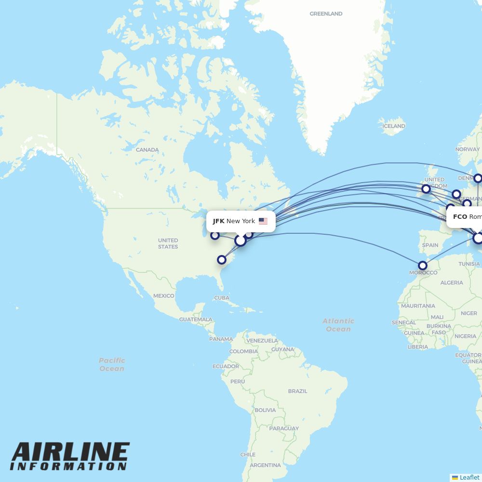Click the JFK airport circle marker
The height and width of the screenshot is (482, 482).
click(240, 240)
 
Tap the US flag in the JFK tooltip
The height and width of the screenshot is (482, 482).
click(263, 221)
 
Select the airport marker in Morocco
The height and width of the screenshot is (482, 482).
click(423, 266)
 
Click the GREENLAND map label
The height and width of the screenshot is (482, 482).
click(326, 14)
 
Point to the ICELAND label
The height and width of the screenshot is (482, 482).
click(394, 126)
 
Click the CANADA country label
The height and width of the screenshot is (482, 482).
click(147, 150)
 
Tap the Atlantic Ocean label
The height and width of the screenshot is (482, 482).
click(338, 325)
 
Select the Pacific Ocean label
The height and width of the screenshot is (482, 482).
click(112, 364)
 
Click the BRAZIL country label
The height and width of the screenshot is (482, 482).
click(297, 391)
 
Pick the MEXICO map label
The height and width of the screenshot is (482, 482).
click(163, 296)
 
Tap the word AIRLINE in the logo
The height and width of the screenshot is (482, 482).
click(70, 452)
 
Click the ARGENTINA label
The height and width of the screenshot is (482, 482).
click(265, 465)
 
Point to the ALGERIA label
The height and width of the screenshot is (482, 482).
click(452, 283)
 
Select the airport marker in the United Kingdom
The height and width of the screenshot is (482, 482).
click(426, 188)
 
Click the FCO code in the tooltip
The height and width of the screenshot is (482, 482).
click(460, 217)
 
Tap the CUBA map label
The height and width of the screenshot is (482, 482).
click(221, 298)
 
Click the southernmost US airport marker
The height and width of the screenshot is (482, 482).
click(222, 260)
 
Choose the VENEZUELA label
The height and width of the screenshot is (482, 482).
click(262, 341)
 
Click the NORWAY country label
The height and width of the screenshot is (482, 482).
click(468, 149)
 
